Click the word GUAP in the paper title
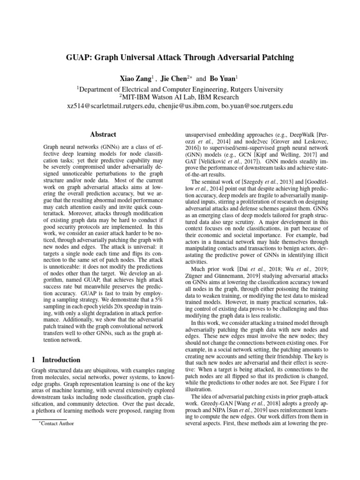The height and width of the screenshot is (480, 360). (80, 58)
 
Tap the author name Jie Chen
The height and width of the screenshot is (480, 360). (175, 78)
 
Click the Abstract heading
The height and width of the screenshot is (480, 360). (103, 134)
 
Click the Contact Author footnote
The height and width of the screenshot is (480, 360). (58, 424)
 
